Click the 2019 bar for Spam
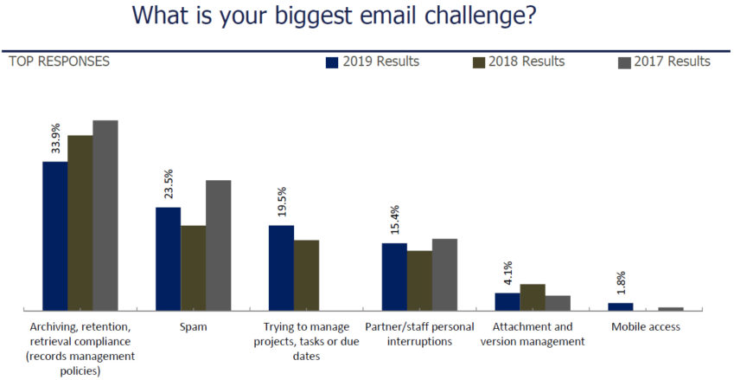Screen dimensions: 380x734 [x=168, y=258]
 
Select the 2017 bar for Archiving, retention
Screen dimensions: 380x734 [x=105, y=215]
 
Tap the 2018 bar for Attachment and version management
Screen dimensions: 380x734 [x=533, y=296]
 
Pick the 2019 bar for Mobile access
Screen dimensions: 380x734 [x=620, y=306]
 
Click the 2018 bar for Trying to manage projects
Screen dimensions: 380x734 [x=306, y=274]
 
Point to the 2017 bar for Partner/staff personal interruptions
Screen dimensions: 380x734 [x=444, y=274]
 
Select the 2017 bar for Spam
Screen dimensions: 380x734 [x=219, y=244]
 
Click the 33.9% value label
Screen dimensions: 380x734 [x=55, y=138]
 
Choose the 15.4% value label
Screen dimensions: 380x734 [x=394, y=222]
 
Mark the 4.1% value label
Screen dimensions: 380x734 [x=507, y=274]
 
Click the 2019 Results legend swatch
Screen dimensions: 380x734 [x=331, y=62]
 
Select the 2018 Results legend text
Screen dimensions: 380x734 [x=527, y=61]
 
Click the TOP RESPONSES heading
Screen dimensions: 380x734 [x=59, y=61]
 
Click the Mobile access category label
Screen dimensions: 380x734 [x=646, y=327]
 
